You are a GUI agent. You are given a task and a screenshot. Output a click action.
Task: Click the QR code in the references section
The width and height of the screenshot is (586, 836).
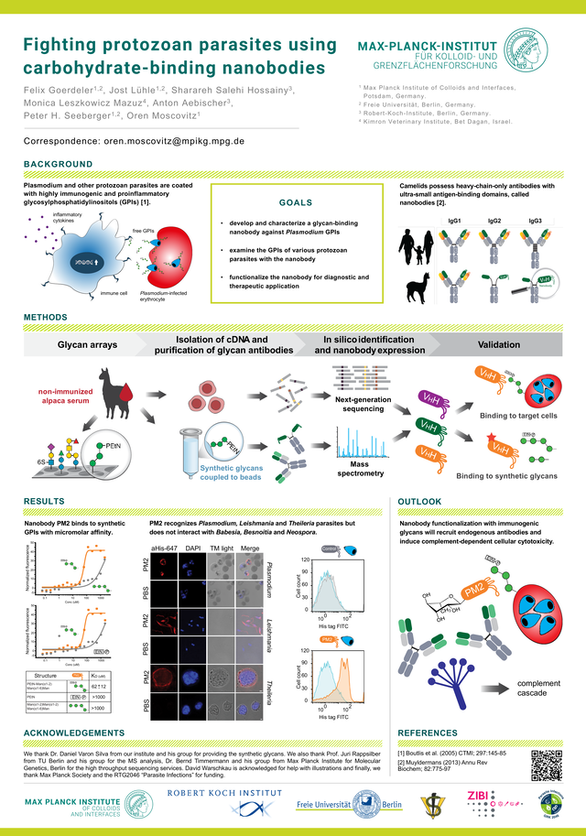click(546, 762)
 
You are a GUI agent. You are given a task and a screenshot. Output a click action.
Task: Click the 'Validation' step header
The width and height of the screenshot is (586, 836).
click(503, 344)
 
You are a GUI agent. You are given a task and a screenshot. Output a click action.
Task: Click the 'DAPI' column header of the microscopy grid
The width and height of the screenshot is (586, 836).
click(193, 548)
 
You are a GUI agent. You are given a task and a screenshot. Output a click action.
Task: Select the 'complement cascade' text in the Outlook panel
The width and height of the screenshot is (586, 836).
click(538, 689)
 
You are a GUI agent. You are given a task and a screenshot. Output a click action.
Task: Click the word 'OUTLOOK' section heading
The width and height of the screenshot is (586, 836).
click(420, 502)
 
